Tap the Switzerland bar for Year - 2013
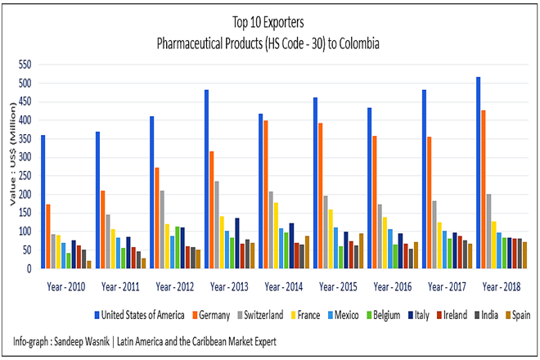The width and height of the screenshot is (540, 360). (x=217, y=225)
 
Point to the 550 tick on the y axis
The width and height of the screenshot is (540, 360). (x=25, y=65)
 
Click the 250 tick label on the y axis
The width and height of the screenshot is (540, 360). (x=25, y=176)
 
